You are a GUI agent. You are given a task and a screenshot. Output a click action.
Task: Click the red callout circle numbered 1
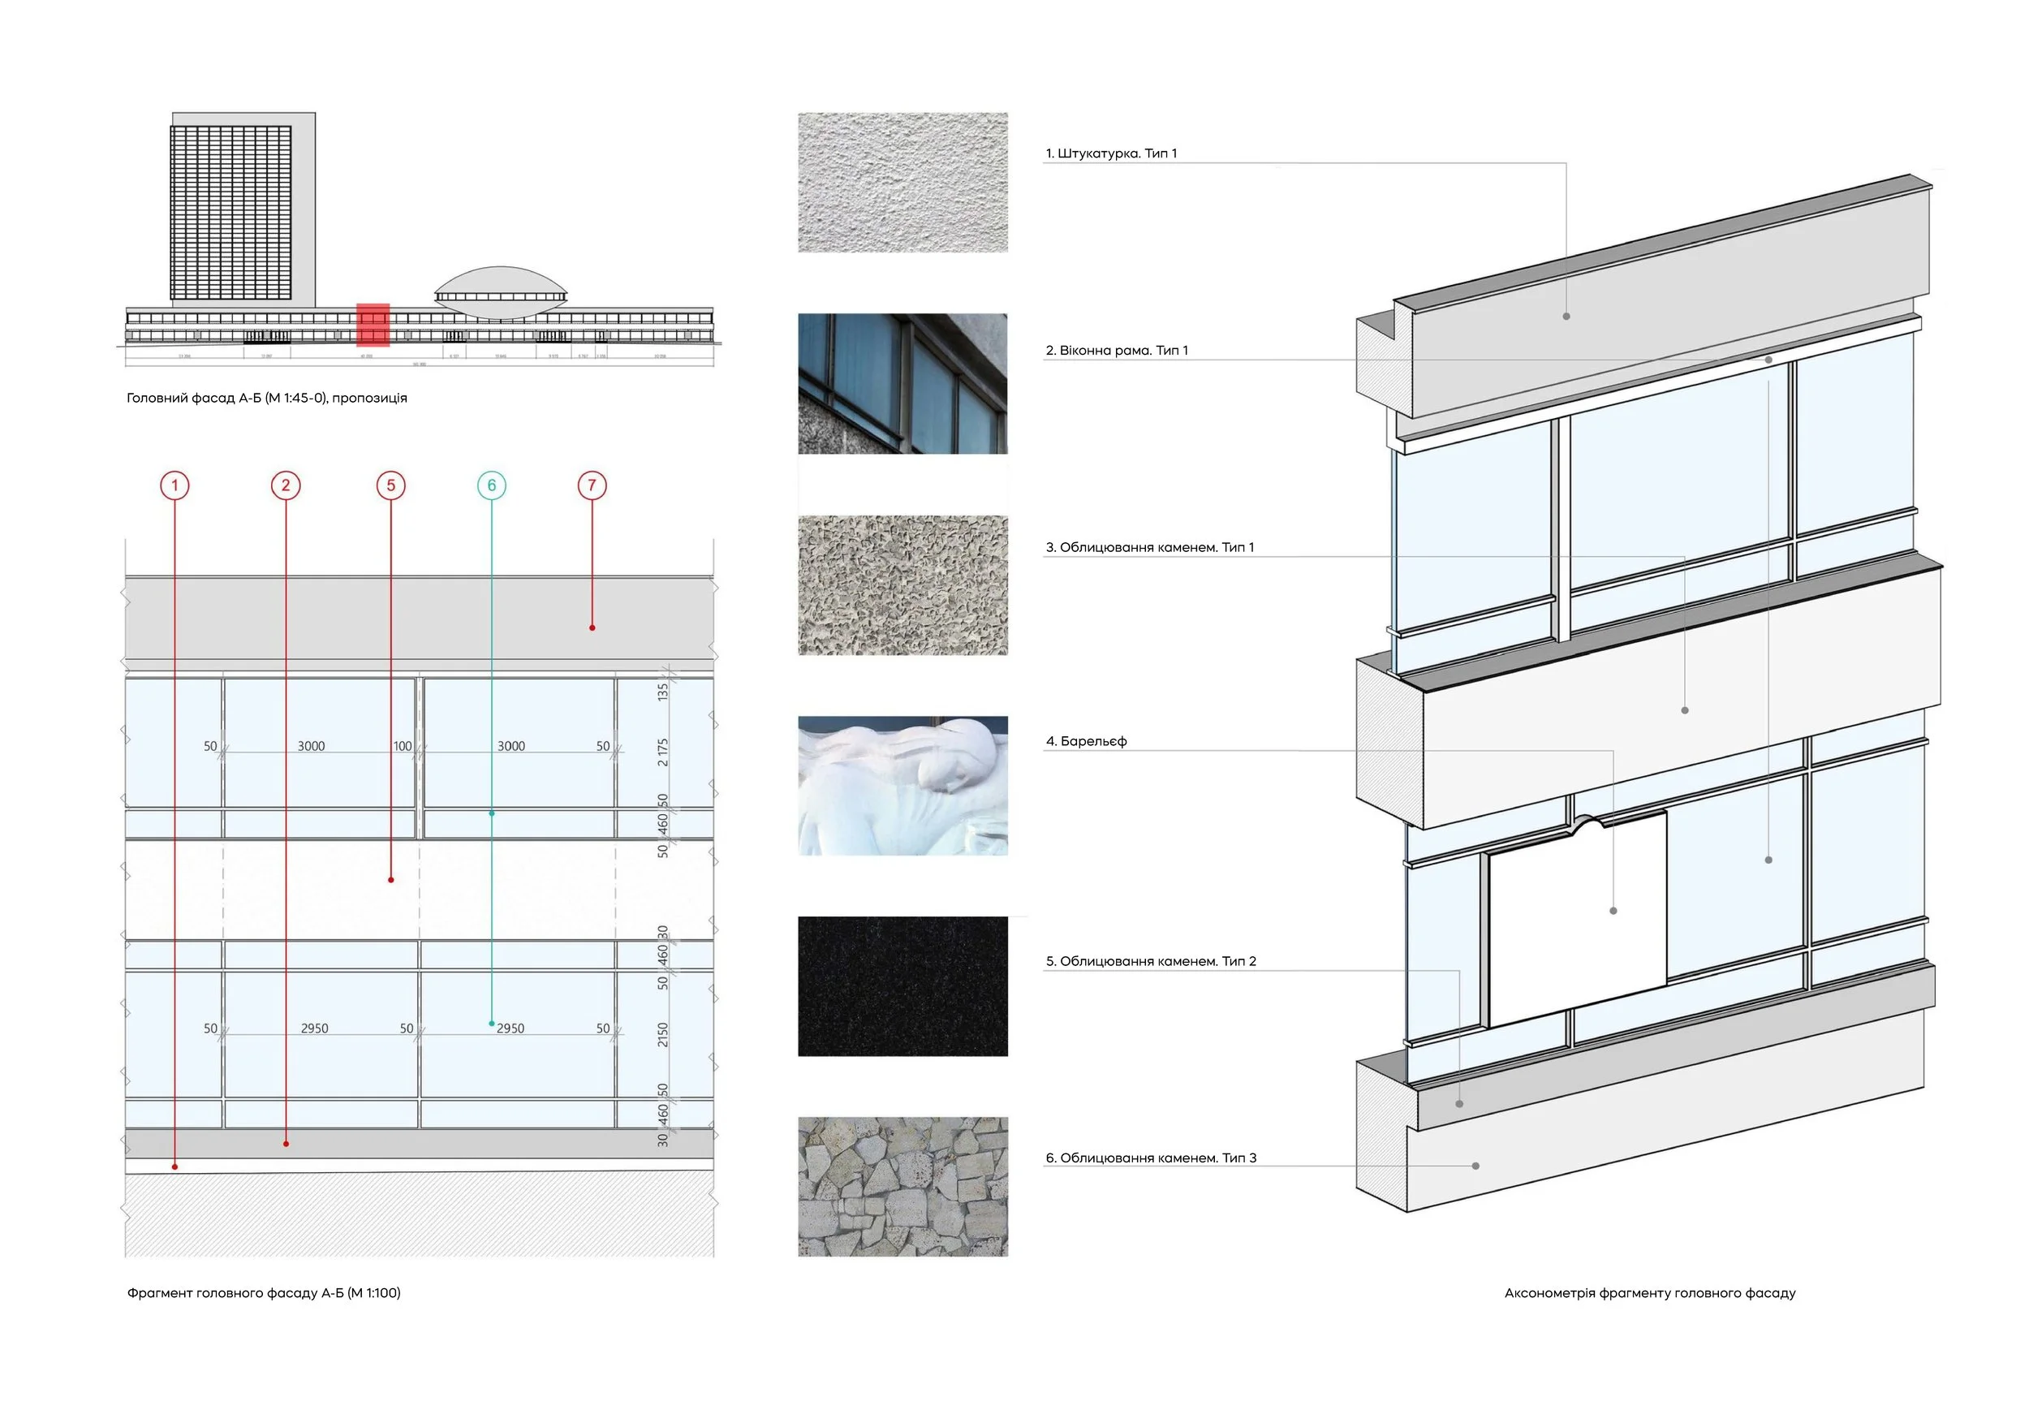174,485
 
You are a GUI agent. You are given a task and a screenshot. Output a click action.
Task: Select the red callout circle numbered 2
286,485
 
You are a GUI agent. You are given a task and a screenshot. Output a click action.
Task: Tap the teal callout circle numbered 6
492,485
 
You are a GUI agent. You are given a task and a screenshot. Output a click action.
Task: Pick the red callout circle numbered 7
592,485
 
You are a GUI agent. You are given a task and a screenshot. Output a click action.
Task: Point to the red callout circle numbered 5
390,485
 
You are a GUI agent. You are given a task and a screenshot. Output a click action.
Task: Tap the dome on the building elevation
500,287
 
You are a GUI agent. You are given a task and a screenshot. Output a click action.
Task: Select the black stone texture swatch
902,986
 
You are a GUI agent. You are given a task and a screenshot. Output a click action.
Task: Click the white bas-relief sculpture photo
902,786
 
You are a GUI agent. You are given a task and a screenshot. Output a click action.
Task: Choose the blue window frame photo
902,383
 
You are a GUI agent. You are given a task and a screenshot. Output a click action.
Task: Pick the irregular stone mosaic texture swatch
902,1187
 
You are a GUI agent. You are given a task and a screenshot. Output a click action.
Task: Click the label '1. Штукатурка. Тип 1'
1110,153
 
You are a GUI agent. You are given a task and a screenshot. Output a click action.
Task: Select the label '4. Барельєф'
1086,741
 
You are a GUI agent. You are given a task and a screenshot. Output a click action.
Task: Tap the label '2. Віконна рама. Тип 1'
1117,351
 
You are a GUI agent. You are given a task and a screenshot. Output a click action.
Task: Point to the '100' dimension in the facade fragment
402,747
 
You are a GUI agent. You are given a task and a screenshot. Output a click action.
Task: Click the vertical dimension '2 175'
663,752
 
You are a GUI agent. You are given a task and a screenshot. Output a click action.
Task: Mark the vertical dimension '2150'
663,1034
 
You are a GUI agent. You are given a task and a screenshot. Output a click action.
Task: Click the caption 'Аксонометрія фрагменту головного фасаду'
1649,1292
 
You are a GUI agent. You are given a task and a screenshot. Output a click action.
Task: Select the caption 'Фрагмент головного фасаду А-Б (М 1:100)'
263,1292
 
